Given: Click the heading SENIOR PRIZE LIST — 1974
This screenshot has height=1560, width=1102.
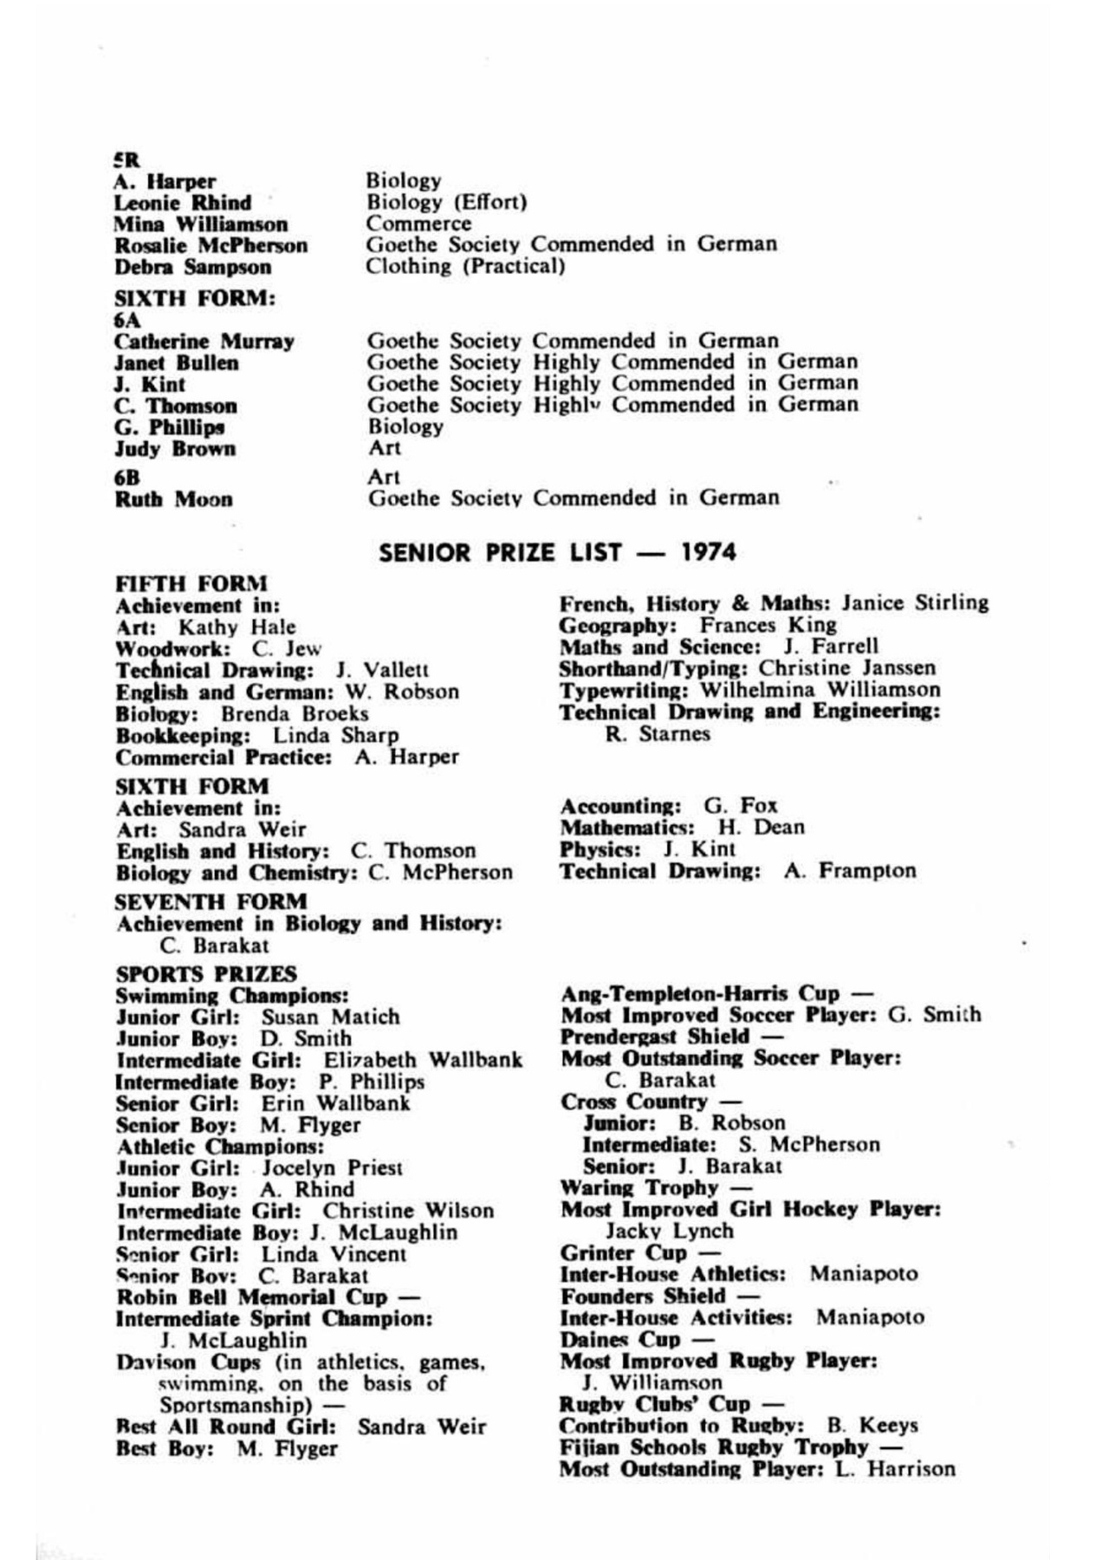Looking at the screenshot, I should (x=557, y=552).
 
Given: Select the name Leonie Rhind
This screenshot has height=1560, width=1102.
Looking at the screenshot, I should (x=182, y=203).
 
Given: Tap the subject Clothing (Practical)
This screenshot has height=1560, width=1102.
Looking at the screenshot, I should (x=465, y=266).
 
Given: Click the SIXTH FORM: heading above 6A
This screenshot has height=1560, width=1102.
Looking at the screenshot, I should (x=195, y=298).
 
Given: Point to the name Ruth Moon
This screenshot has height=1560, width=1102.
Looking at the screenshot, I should (x=173, y=499).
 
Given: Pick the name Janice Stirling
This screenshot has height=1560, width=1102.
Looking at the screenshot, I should (x=915, y=603).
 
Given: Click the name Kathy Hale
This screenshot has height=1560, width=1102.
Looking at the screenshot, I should (x=237, y=627).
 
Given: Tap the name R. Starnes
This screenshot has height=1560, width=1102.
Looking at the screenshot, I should (x=658, y=734).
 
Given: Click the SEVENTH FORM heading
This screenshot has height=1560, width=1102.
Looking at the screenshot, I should (x=211, y=901).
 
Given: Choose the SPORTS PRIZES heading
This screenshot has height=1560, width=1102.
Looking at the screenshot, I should (x=205, y=974).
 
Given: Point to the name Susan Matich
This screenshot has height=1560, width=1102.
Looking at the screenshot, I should (x=330, y=1017).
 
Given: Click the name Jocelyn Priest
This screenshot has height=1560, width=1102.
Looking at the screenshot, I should (x=332, y=1167).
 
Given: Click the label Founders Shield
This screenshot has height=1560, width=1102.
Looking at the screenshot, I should (x=643, y=1297).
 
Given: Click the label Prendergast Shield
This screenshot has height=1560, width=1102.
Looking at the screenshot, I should (x=654, y=1037).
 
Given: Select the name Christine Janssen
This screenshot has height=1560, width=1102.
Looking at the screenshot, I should (x=847, y=668).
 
